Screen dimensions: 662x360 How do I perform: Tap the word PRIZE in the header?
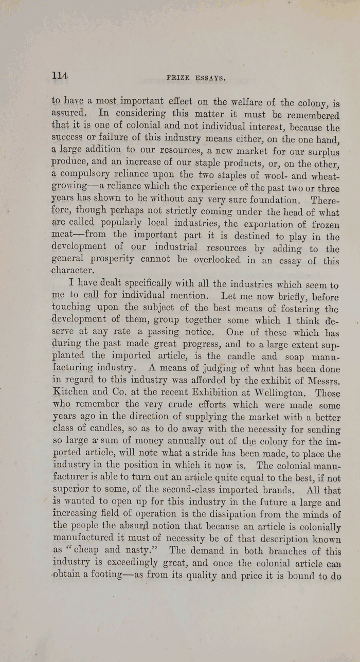point(178,78)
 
